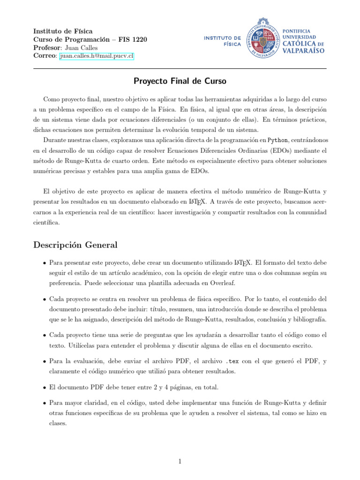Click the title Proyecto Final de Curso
180,82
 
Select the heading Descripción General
75,245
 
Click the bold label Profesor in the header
47,48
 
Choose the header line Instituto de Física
63,31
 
